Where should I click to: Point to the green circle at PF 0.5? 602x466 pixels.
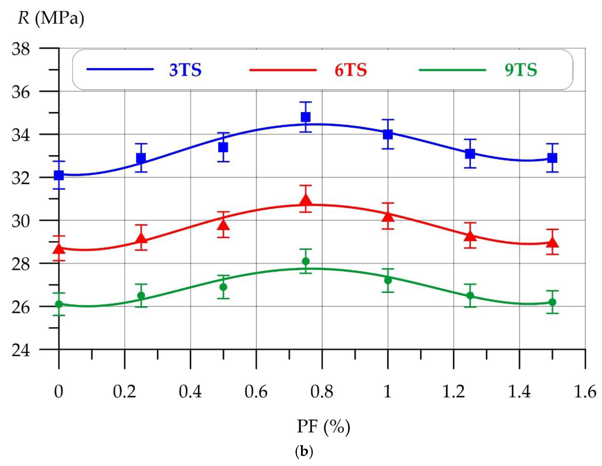click(x=224, y=287)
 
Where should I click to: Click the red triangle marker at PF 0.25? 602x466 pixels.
click(x=141, y=239)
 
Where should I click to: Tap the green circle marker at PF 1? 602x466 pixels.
click(x=388, y=280)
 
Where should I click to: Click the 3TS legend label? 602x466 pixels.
click(x=185, y=70)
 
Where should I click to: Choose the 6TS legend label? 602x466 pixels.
click(x=351, y=70)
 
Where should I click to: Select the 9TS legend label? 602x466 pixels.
click(x=521, y=70)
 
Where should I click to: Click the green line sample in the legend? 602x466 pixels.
click(x=452, y=70)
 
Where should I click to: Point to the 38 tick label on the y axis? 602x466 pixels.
click(x=21, y=50)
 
